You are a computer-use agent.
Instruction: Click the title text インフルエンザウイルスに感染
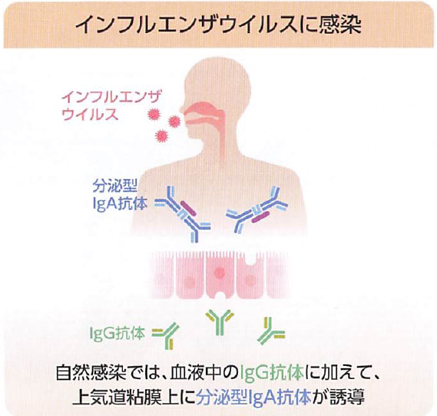pos(218,25)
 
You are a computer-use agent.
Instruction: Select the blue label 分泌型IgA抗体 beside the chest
pos(120,195)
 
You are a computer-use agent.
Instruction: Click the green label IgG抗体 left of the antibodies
pos(118,333)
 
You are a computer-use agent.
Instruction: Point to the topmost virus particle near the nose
pos(154,114)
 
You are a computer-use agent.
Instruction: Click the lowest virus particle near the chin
pos(162,135)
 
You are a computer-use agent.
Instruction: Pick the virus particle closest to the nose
pos(174,121)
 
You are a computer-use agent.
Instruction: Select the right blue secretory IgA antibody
pos(257,209)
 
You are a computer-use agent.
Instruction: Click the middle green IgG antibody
pos(220,321)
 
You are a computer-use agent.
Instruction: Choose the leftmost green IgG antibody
pos(167,335)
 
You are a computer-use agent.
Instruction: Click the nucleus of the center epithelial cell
pos(220,272)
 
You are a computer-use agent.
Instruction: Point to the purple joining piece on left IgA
pos(188,208)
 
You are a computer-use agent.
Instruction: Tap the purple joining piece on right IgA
pos(260,217)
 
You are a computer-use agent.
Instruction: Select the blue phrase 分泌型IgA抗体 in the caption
pos(253,397)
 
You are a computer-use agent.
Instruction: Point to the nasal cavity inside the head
pos(203,108)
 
